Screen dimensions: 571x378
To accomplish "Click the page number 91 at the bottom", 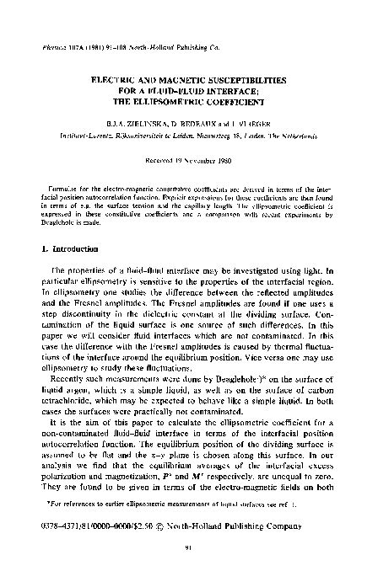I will click(x=189, y=548).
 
